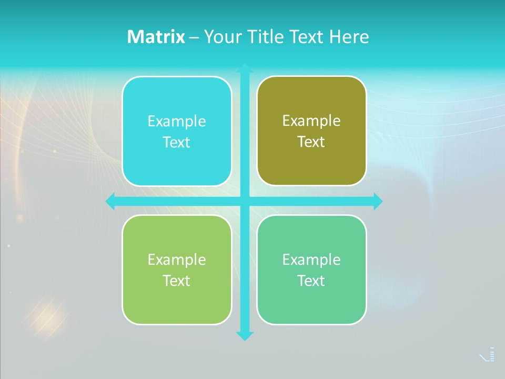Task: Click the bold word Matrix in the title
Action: pos(156,37)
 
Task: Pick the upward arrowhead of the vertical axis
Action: pos(245,68)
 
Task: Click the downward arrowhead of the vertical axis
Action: pos(245,336)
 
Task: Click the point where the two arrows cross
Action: pos(245,201)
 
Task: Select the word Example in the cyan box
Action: pos(177,121)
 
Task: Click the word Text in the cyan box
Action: pos(176,143)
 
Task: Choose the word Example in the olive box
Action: pos(311,121)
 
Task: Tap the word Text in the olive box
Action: pos(311,142)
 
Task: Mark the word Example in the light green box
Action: pos(177,260)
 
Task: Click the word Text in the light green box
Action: pos(176,281)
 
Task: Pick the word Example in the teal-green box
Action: pos(311,260)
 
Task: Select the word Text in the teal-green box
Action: pos(311,281)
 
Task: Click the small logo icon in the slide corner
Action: pos(488,355)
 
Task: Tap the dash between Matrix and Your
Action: pos(194,37)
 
